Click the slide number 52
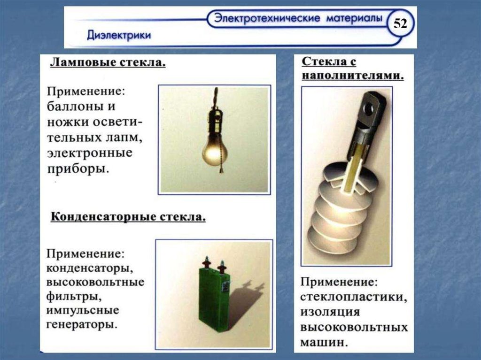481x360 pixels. (x=400, y=23)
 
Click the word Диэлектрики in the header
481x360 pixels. (x=119, y=35)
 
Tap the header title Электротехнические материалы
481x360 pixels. (x=298, y=18)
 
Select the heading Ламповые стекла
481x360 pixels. (x=108, y=62)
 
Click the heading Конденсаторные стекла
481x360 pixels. (x=128, y=217)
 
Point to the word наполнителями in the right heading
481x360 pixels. (x=353, y=76)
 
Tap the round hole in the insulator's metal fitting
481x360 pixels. (x=367, y=108)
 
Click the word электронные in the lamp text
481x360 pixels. (x=90, y=153)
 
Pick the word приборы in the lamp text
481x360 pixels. (x=78, y=169)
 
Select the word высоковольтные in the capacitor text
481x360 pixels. (x=95, y=282)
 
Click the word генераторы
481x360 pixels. (x=82, y=324)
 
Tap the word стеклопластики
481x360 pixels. (x=354, y=297)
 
